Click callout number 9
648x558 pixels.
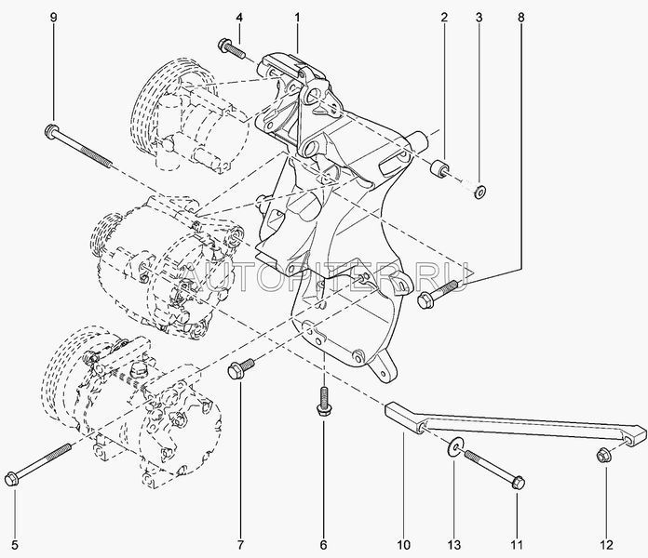tap(52, 17)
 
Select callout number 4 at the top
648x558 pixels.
tap(239, 17)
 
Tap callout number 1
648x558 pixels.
tap(298, 17)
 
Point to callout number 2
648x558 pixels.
tap(445, 17)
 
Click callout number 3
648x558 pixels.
tap(479, 17)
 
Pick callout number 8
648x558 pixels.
tap(520, 17)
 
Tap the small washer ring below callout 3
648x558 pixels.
tap(479, 192)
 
